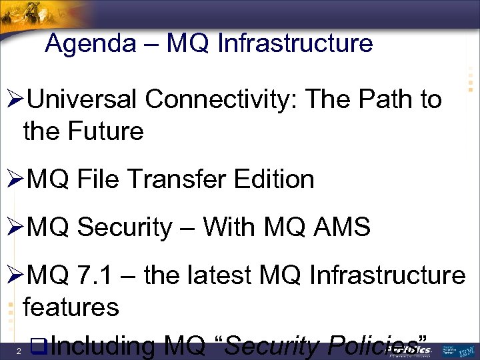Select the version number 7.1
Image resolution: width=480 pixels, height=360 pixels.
point(99,275)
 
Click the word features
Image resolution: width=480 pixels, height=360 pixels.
point(71,307)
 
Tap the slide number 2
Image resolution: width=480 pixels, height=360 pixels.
point(21,351)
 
